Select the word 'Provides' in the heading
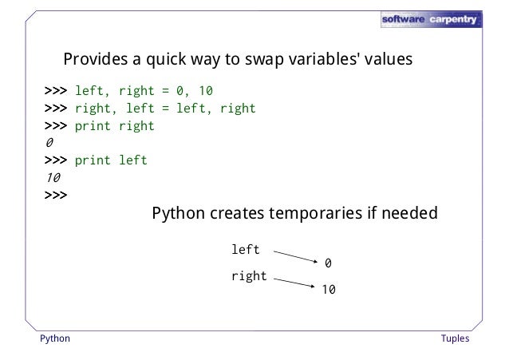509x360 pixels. click(x=94, y=59)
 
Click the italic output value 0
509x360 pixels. click(x=49, y=143)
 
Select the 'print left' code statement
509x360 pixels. click(x=111, y=160)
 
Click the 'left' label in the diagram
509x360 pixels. click(x=246, y=250)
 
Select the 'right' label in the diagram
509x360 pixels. click(x=249, y=276)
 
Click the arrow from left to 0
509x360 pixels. click(x=295, y=256)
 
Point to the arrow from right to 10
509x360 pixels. click(x=293, y=283)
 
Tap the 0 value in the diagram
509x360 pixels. click(x=328, y=263)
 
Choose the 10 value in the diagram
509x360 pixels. click(x=328, y=291)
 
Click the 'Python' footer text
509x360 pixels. click(x=55, y=338)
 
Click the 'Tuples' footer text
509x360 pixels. click(x=455, y=338)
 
